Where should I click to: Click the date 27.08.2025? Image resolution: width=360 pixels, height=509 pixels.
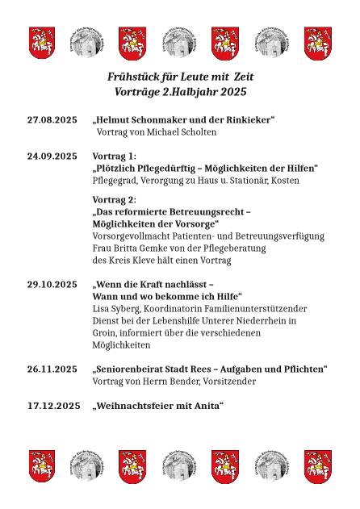pos(52,119)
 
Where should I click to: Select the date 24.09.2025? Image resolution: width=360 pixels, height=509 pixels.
pos(52,156)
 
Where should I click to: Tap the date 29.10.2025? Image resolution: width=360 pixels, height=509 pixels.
pos(52,285)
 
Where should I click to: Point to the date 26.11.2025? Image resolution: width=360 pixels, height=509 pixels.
pos(52,369)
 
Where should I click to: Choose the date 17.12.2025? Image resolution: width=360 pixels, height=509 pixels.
pos(52,406)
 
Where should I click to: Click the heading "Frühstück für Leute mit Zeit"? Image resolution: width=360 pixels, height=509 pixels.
pos(180,76)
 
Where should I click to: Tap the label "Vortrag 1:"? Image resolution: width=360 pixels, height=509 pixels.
pos(115,156)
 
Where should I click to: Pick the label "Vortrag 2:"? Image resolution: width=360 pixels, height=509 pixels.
pos(115,199)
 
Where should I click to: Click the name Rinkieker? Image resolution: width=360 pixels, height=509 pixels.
pos(246,119)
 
